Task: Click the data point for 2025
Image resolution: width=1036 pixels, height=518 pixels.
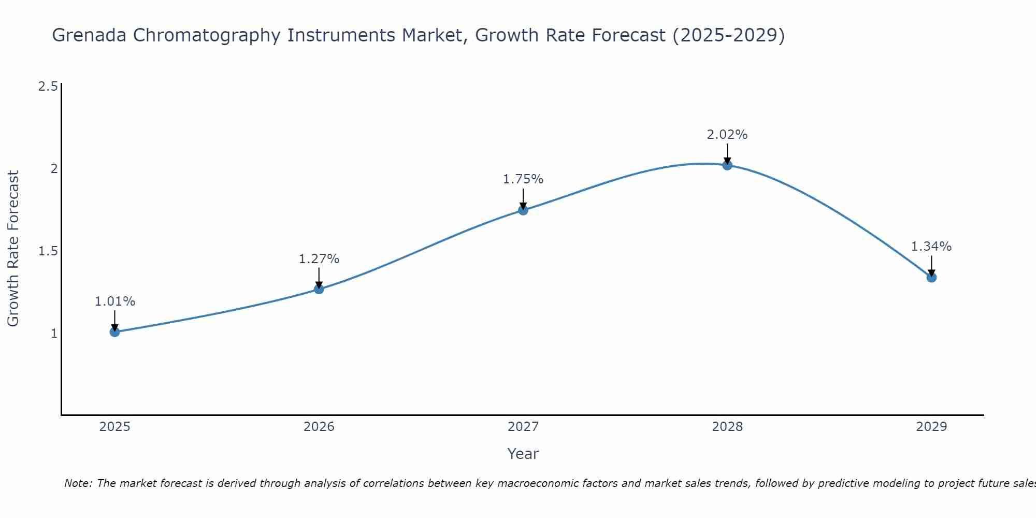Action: coord(115,332)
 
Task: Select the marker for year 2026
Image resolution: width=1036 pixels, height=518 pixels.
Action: coord(319,289)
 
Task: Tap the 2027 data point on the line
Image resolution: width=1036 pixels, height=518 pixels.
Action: coord(523,210)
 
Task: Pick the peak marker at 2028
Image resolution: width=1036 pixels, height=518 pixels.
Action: coord(727,165)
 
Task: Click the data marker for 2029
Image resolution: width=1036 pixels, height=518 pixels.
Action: coord(931,277)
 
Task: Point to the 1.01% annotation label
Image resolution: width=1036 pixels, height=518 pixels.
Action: coord(115,301)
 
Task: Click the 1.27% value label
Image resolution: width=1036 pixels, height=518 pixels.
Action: coord(319,258)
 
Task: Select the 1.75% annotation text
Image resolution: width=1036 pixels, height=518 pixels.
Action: coord(523,179)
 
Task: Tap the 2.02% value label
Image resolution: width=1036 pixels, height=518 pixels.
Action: coord(727,135)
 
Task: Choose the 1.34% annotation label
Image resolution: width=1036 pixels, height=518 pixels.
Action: coord(931,247)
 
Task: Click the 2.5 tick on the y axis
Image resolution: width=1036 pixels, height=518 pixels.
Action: coord(48,86)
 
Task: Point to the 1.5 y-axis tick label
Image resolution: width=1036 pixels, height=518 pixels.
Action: coord(48,251)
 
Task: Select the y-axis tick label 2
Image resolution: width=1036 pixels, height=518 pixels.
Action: coord(54,168)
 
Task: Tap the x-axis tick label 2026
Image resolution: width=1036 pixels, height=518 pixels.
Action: coord(319,427)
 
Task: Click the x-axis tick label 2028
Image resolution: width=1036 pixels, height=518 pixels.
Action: coord(727,427)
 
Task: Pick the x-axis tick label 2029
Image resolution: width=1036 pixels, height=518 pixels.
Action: coord(931,427)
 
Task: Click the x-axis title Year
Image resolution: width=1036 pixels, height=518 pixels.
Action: coord(523,454)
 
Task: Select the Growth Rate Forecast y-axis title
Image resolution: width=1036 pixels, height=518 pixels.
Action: coord(13,249)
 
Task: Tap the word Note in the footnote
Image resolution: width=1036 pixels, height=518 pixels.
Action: coord(77,483)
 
